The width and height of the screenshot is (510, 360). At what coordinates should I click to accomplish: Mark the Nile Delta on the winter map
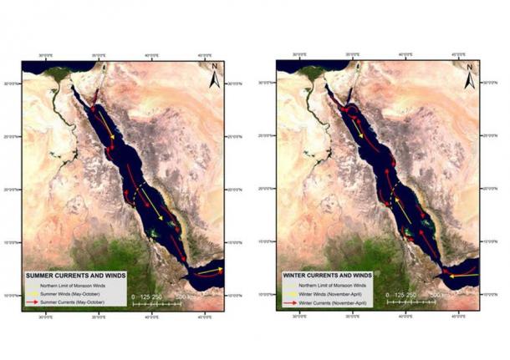tap(314, 74)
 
